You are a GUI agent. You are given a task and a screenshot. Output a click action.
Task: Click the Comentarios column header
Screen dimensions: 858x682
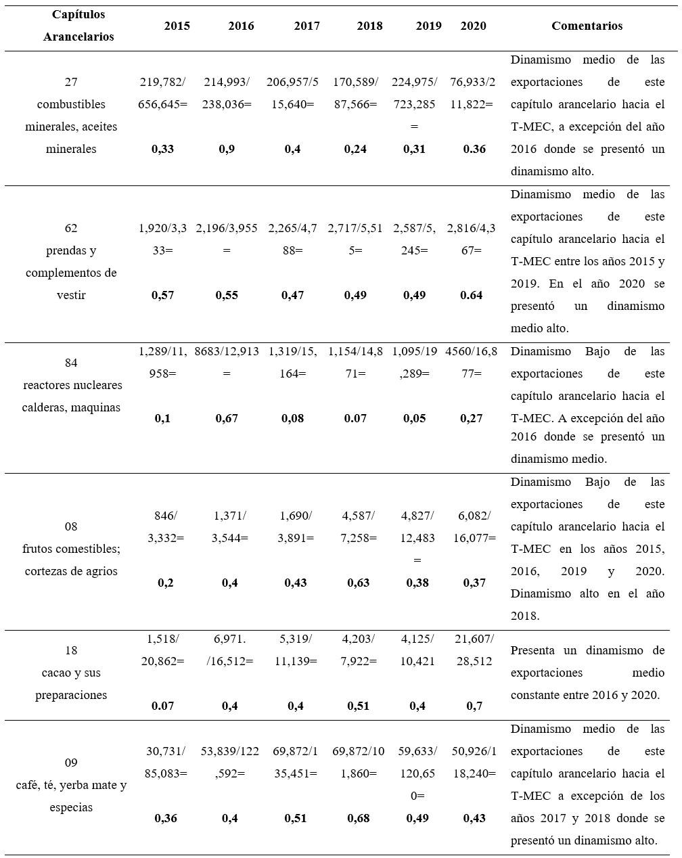point(587,26)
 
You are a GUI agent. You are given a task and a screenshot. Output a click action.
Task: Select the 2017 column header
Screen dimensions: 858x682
point(307,26)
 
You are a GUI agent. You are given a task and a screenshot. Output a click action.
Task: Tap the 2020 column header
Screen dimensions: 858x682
point(473,26)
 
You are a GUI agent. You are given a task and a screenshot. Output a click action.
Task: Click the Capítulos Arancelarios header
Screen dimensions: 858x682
point(78,26)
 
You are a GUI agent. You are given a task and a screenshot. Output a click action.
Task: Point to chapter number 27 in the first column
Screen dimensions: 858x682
point(71,82)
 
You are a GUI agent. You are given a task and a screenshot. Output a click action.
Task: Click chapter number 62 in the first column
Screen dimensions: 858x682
point(71,228)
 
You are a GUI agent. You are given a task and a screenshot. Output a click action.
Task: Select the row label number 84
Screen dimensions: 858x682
point(71,363)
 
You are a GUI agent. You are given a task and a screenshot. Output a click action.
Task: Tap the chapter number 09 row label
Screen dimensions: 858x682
point(71,763)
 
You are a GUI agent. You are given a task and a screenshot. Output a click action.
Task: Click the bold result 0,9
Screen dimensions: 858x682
point(227,149)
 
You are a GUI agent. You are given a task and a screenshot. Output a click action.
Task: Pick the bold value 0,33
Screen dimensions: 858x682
point(163,149)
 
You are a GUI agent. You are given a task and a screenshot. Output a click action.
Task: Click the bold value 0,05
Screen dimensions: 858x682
point(415,418)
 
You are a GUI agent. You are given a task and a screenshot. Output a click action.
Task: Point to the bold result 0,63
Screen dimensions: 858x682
point(359,583)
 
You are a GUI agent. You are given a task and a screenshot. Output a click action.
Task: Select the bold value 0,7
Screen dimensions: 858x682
point(474,706)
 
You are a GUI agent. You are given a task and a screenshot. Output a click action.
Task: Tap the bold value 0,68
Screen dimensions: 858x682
point(359,818)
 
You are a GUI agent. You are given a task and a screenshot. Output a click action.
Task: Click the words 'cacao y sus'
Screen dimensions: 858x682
point(71,673)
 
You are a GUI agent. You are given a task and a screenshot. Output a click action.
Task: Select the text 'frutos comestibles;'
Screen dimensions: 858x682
point(71,549)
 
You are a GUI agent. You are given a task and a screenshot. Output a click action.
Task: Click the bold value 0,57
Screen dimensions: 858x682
point(163,295)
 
